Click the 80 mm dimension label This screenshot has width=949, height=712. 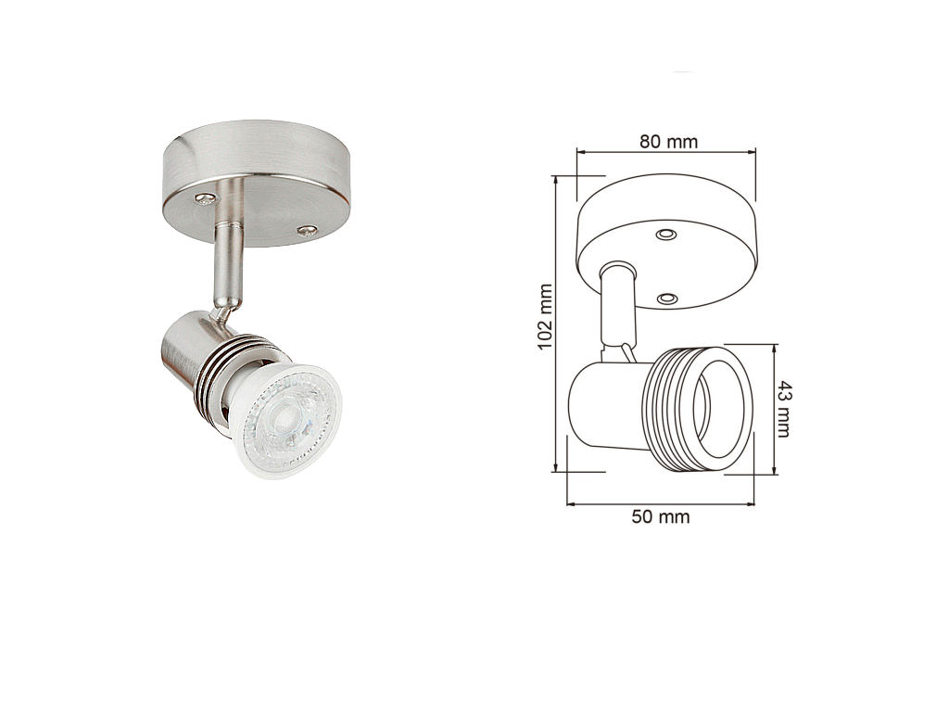click(x=668, y=141)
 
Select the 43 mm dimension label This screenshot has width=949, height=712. click(x=784, y=409)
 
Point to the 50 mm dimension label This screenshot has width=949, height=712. click(x=660, y=517)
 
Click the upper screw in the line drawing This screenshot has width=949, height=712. click(x=666, y=234)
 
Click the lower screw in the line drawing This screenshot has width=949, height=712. click(x=667, y=299)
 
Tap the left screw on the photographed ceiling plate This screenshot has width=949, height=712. click(x=205, y=197)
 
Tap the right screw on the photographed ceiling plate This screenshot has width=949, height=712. click(x=308, y=230)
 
